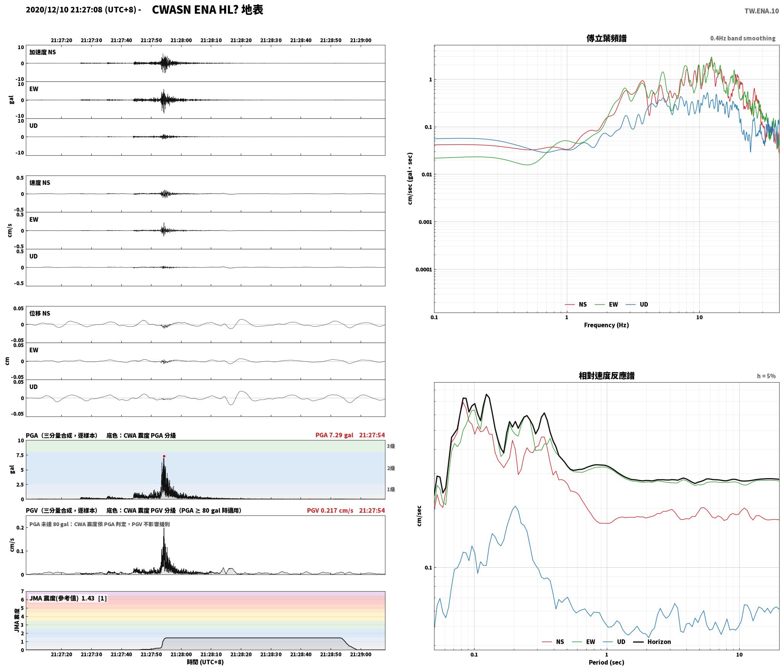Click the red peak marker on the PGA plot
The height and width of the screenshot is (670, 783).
click(164, 456)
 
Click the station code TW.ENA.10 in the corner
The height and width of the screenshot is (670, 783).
click(762, 11)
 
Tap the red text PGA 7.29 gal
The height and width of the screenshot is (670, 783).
click(334, 435)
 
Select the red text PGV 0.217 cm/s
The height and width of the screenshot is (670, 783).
click(330, 510)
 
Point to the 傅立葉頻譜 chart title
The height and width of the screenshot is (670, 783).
click(606, 38)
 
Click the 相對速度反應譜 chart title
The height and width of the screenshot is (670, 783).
click(606, 376)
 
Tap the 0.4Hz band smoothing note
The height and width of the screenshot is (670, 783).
click(743, 38)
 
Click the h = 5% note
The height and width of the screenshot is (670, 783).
click(766, 376)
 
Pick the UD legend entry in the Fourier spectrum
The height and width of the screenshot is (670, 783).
click(637, 305)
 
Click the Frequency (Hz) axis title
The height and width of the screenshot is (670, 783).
click(606, 325)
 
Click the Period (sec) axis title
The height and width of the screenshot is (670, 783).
click(606, 662)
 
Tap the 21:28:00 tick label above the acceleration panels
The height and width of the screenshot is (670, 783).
click(181, 40)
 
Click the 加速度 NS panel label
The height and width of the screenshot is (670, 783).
click(43, 52)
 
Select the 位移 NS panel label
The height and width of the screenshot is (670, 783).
click(40, 313)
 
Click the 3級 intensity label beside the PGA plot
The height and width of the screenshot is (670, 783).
click(391, 446)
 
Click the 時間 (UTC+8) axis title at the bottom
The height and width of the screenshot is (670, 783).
click(205, 662)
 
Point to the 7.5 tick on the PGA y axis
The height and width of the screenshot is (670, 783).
click(19, 455)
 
